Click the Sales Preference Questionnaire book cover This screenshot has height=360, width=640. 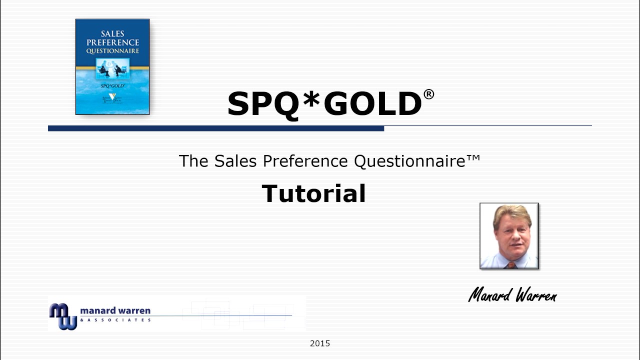click(112, 67)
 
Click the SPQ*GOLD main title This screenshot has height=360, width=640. click(325, 103)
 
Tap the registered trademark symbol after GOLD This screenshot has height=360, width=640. click(429, 94)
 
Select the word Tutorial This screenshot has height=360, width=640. click(313, 193)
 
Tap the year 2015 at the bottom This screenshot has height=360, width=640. click(320, 343)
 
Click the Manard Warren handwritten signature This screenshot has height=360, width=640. click(512, 295)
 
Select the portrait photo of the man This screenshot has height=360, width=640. click(509, 236)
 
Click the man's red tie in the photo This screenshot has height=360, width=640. click(510, 264)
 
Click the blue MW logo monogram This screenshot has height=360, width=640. click(62, 316)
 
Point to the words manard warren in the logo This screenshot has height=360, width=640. click(115, 311)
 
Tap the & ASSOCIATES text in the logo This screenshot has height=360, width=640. click(115, 320)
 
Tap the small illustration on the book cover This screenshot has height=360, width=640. click(112, 69)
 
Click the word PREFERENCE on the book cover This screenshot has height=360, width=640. click(112, 42)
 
